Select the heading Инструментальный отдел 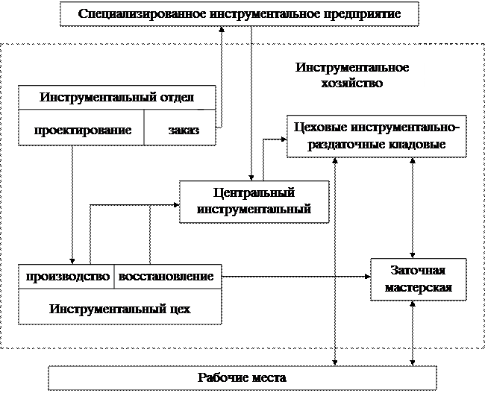pyautogui.click(x=117, y=98)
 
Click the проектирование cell pyautogui.click(x=81, y=128)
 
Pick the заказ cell pyautogui.click(x=180, y=128)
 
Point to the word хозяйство pyautogui.click(x=352, y=84)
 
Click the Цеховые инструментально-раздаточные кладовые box pyautogui.click(x=376, y=136)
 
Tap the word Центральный pyautogui.click(x=254, y=193)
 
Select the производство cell pyautogui.click(x=66, y=277)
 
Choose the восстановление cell pyautogui.click(x=168, y=277)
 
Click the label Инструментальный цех pyautogui.click(x=120, y=309)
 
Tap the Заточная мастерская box pyautogui.click(x=419, y=280)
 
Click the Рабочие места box pyautogui.click(x=242, y=378)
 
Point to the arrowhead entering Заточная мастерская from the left pyautogui.click(x=368, y=277)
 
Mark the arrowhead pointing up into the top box pyautogui.click(x=222, y=29)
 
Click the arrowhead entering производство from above pyautogui.click(x=72, y=261)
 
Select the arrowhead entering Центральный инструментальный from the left pyautogui.click(x=177, y=204)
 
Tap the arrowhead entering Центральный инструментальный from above pyautogui.click(x=251, y=177)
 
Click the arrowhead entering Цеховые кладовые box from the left pyautogui.click(x=284, y=139)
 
